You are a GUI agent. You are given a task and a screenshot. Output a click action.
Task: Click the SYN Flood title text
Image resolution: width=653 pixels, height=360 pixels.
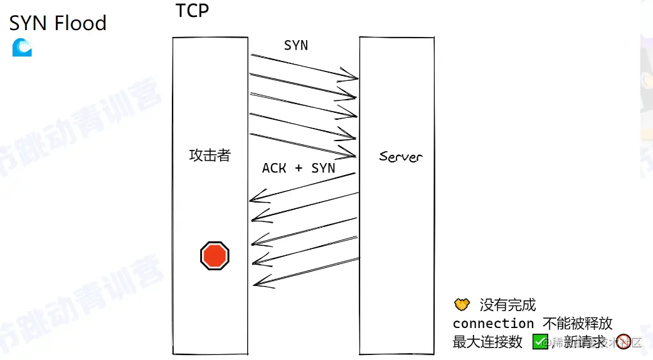[x=58, y=23]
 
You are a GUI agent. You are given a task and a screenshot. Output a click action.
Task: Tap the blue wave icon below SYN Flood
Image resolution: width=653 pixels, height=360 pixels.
[x=22, y=48]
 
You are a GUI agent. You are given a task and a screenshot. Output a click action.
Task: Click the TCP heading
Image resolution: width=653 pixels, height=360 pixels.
[x=192, y=11]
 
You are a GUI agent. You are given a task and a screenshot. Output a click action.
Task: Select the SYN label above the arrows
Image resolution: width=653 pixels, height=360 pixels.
[x=296, y=45]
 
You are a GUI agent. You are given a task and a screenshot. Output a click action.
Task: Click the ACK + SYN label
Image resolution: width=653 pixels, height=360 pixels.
[x=299, y=168]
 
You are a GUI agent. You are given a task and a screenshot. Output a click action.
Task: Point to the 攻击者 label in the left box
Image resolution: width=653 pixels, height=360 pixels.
[x=210, y=156]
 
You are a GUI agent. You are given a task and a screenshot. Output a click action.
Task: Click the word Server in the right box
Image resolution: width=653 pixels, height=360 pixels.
[x=401, y=156]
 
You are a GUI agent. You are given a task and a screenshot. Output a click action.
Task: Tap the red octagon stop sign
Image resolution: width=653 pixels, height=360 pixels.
[x=215, y=255]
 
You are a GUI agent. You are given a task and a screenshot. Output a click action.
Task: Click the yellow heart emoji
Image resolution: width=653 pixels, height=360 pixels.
[x=462, y=305]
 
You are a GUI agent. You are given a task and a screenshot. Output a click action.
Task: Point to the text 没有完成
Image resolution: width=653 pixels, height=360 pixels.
[x=508, y=305]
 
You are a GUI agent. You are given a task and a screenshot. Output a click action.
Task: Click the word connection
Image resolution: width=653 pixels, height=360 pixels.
[x=493, y=324]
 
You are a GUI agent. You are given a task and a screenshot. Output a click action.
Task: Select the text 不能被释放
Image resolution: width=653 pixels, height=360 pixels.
[x=578, y=324]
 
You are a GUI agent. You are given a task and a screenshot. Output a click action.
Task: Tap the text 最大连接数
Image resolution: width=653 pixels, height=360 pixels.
[x=487, y=342]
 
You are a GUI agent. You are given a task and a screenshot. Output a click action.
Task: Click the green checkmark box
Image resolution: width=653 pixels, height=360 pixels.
[x=540, y=342]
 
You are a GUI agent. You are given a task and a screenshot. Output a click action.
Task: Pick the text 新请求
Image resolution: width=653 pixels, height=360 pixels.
[x=585, y=342]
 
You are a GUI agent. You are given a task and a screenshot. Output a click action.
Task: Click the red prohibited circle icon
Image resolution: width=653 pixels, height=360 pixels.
[x=623, y=342]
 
